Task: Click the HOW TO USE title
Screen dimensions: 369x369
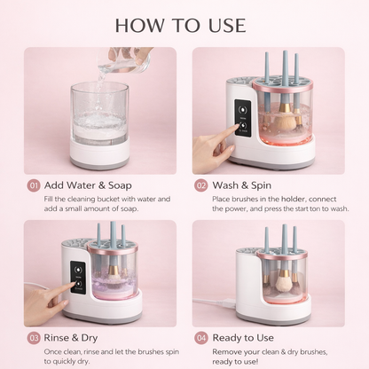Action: click(184, 24)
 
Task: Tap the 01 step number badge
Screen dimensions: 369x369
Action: click(33, 185)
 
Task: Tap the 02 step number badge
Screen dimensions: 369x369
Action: click(200, 185)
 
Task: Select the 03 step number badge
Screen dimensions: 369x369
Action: click(33, 337)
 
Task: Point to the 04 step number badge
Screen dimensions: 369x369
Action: click(200, 337)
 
